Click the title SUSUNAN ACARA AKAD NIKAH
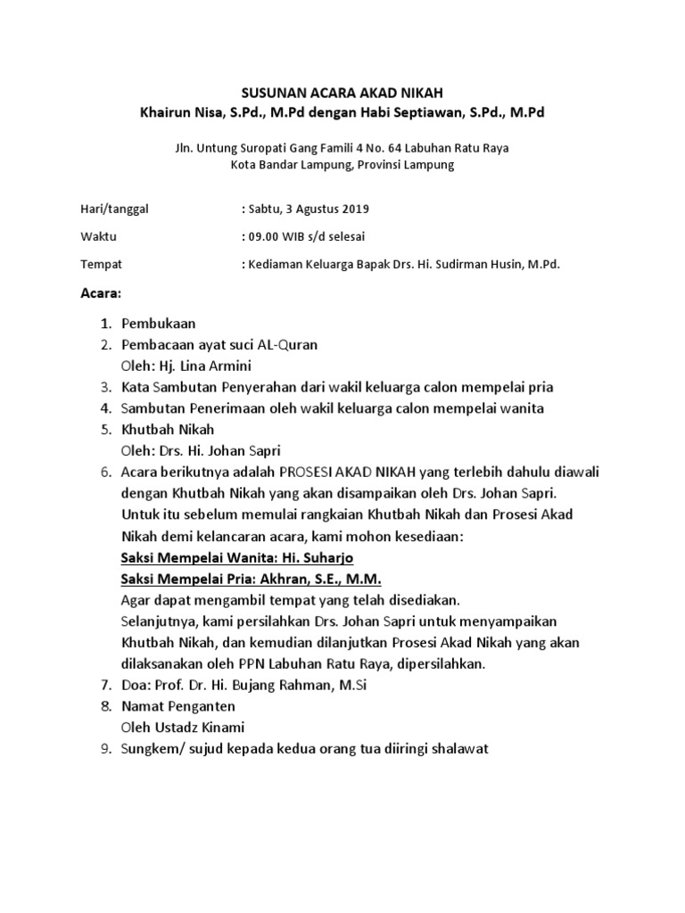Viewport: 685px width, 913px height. coord(342,94)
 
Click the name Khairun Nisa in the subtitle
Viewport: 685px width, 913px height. coord(177,113)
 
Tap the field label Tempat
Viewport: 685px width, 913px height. coord(101,265)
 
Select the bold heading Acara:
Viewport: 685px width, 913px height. coord(101,293)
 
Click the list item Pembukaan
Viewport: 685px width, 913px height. coord(159,323)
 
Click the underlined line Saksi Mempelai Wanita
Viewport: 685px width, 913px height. coord(237,558)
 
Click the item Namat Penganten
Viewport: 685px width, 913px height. coord(178,708)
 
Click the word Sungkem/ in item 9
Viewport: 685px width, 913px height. coord(149,750)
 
